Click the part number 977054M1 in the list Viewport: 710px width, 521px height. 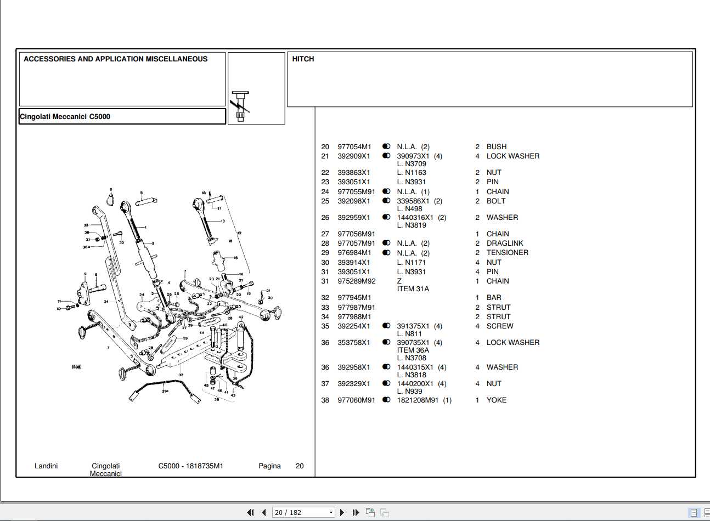[354, 146]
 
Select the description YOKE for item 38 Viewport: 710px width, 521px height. [496, 400]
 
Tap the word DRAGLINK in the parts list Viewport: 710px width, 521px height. [504, 243]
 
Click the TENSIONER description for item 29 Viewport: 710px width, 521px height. [507, 252]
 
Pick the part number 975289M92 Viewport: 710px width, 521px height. [356, 281]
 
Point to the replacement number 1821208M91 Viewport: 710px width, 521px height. [418, 400]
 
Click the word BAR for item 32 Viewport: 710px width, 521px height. [493, 297]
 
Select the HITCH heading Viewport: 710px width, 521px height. [303, 59]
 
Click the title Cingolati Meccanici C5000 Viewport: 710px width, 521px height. [65, 116]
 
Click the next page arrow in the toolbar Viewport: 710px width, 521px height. [342, 512]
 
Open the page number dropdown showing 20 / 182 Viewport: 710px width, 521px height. [303, 512]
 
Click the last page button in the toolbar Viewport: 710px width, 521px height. [356, 512]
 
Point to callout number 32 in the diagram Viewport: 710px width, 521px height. [181, 375]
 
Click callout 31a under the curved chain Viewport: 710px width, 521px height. [165, 391]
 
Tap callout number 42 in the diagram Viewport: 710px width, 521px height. [241, 317]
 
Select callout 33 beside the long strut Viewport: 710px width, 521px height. [86, 225]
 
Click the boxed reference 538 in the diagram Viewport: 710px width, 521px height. [77, 366]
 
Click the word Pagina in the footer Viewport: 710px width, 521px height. [269, 466]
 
